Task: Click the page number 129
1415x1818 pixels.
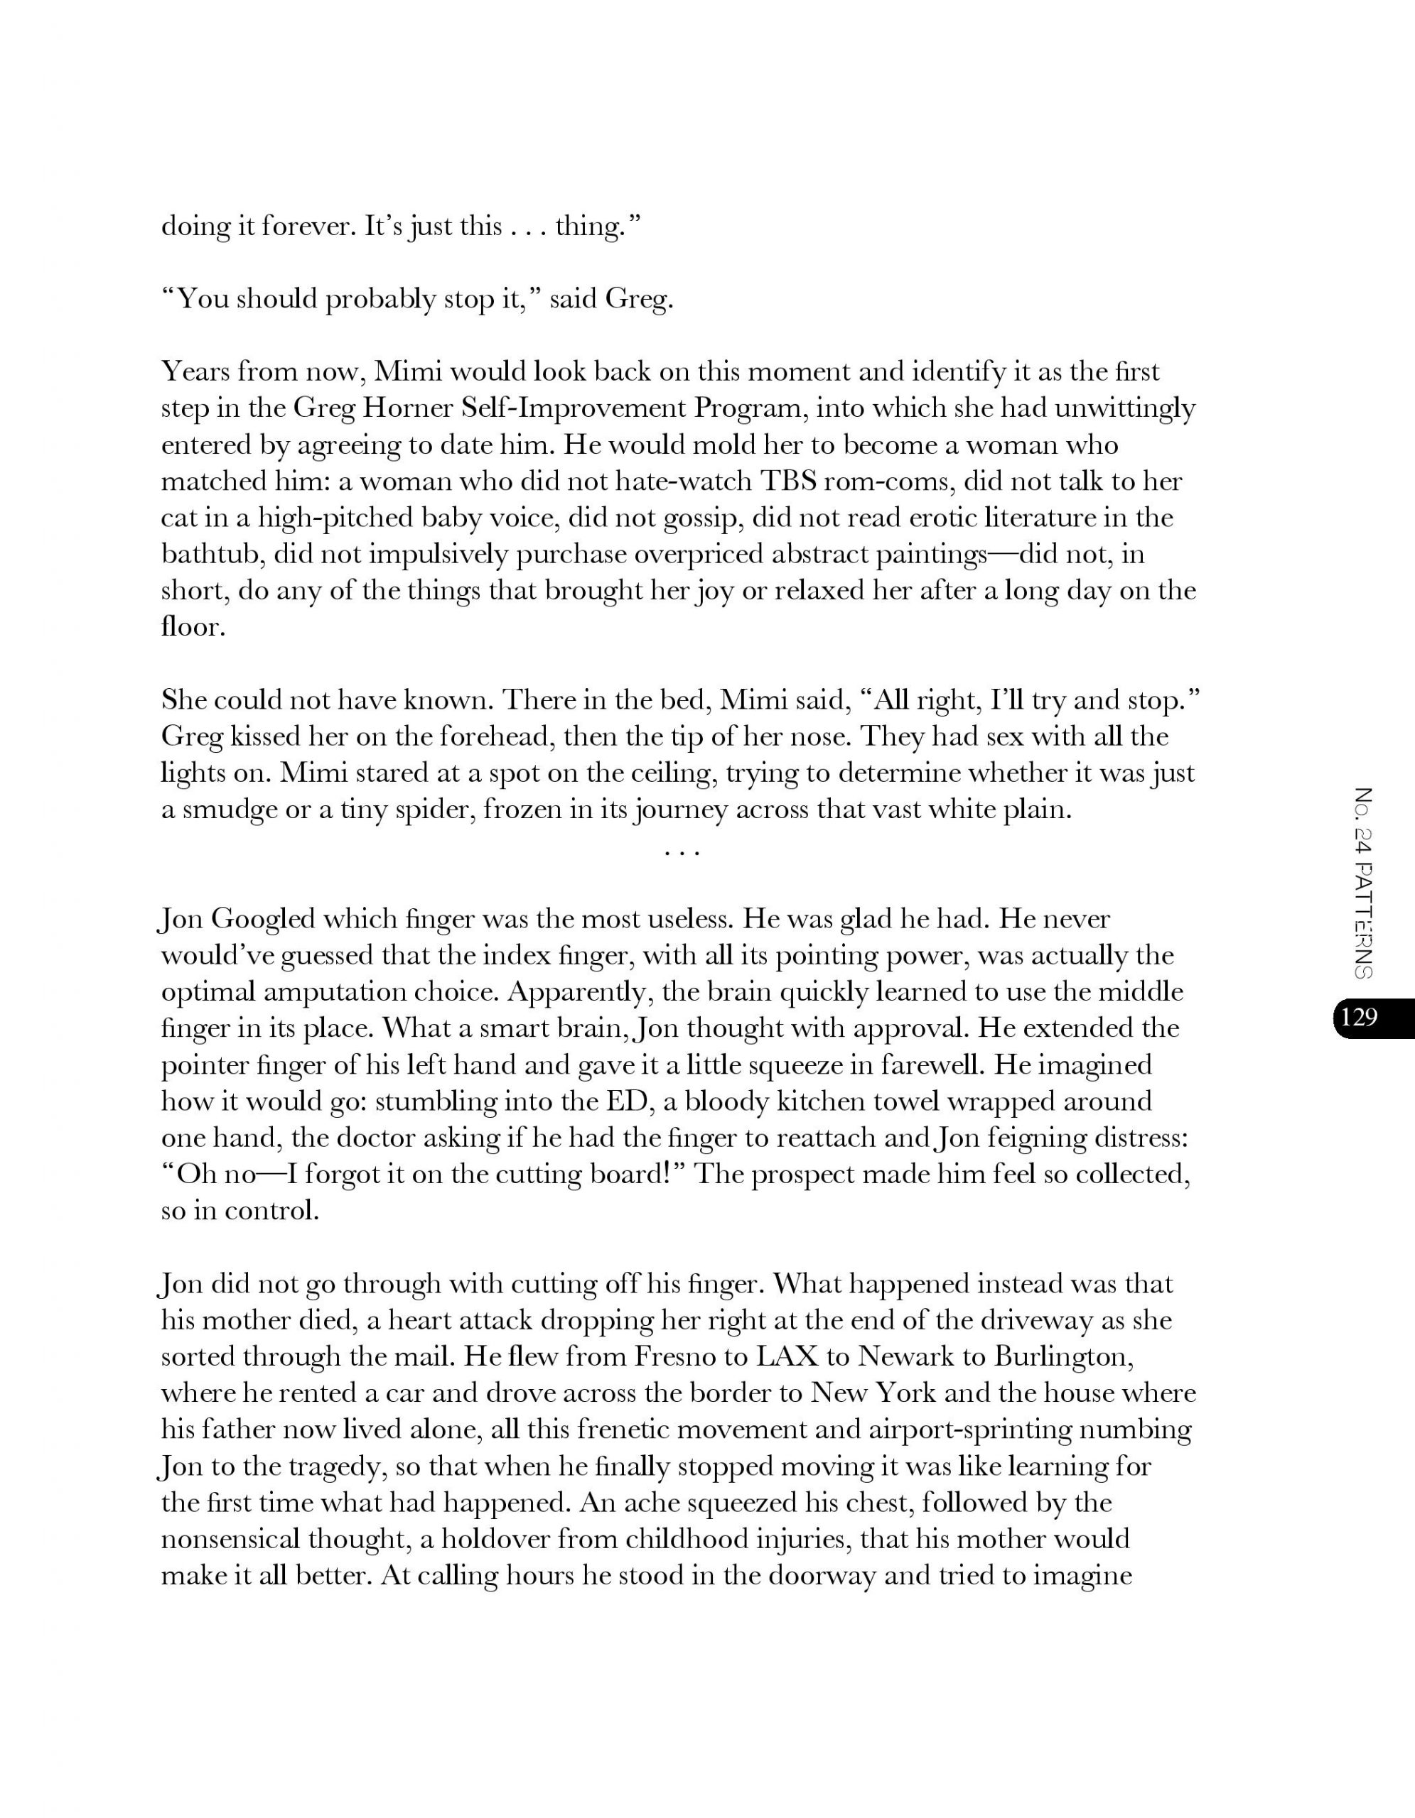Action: [1359, 1017]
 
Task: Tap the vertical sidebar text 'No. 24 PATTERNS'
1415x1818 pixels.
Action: [1363, 882]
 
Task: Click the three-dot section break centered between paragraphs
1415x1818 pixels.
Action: [682, 852]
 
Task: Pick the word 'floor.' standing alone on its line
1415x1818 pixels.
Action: [193, 627]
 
